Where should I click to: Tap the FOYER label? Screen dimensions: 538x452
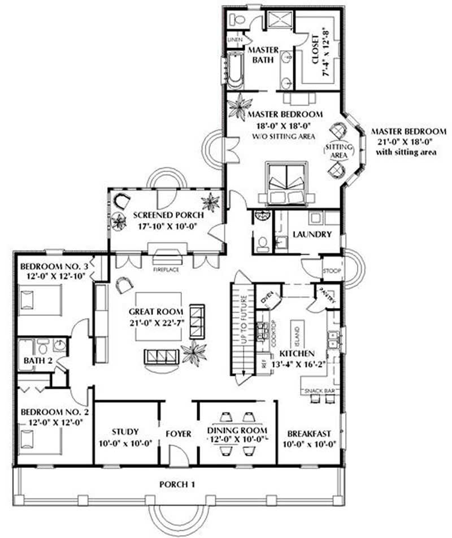(x=178, y=433)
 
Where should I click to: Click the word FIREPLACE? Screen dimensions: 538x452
(x=166, y=270)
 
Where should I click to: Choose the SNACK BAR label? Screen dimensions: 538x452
(x=319, y=391)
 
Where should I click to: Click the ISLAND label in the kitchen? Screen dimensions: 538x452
(x=294, y=337)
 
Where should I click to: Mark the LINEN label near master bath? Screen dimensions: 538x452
(x=235, y=40)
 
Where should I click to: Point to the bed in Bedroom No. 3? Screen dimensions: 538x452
(x=38, y=298)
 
